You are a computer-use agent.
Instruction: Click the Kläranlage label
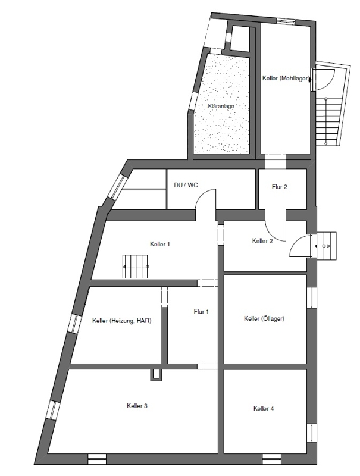click(221, 107)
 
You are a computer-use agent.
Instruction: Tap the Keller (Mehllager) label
click(286, 79)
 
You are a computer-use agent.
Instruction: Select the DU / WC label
click(186, 185)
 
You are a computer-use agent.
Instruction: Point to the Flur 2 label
click(279, 187)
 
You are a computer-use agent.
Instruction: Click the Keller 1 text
click(159, 244)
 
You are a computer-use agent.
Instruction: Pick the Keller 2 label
click(262, 241)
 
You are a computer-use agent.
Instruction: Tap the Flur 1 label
click(201, 311)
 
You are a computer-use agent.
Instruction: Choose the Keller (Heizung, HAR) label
click(122, 321)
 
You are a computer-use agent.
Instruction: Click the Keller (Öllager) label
click(264, 318)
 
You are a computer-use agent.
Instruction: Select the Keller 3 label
click(137, 406)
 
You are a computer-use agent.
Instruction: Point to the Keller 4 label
click(264, 408)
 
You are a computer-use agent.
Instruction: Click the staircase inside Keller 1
click(136, 266)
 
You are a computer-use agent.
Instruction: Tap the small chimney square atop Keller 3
click(156, 374)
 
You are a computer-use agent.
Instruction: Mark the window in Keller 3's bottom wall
click(97, 458)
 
